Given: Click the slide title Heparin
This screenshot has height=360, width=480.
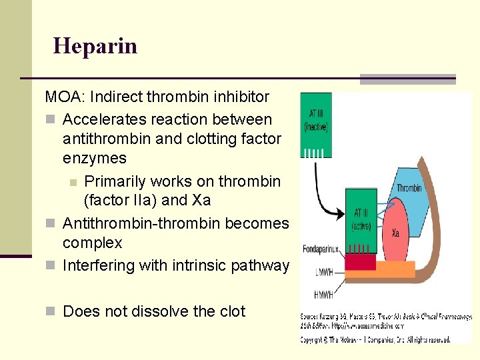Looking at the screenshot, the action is pos(95,46).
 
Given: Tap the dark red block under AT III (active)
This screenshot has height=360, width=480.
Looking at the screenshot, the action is pos(361,261).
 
